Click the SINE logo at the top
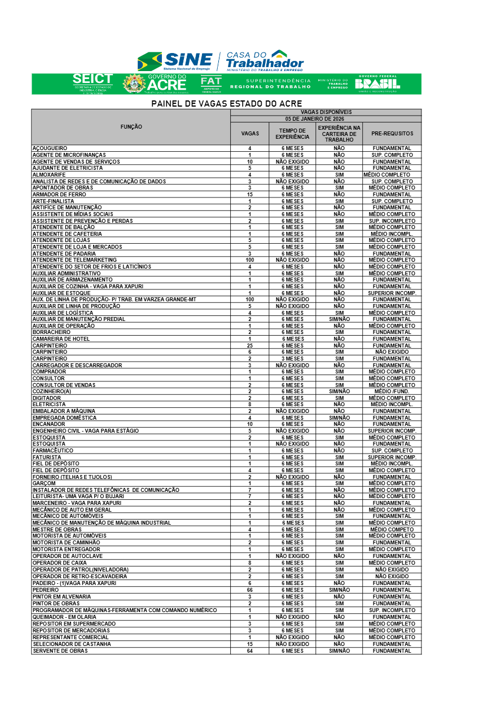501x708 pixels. click(175, 60)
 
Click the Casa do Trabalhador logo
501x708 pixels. click(265, 60)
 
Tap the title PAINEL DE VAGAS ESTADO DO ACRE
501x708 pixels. click(226, 104)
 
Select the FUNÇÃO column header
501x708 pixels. click(131, 127)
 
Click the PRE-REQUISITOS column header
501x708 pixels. click(392, 134)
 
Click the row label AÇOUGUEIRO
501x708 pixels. click(50, 148)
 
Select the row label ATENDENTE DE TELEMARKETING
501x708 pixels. click(74, 260)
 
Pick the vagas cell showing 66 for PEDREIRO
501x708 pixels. click(249, 590)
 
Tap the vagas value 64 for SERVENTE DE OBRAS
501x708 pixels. click(249, 651)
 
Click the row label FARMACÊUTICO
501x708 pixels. click(52, 451)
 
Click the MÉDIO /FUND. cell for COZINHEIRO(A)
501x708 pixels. click(392, 392)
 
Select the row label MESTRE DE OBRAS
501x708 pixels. click(58, 530)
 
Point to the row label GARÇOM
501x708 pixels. click(44, 483)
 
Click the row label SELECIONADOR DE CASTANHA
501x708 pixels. click(72, 644)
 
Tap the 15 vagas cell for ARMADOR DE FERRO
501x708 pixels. click(249, 195)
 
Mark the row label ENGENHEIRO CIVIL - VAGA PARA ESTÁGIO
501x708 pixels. click(85, 431)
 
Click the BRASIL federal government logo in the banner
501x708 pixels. click(377, 83)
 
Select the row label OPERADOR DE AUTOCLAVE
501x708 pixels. click(67, 556)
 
